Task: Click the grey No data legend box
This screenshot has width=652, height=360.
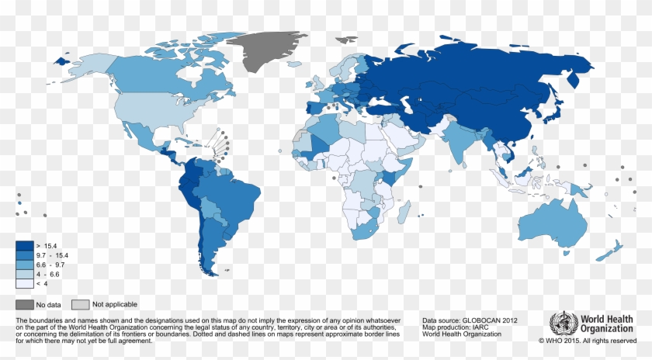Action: pos(25,304)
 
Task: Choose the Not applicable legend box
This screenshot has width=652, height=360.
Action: pos(80,304)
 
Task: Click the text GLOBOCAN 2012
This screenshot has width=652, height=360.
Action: pos(486,320)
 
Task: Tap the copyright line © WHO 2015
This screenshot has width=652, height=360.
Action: pos(588,341)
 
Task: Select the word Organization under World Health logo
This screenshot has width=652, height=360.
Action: pos(609,329)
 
